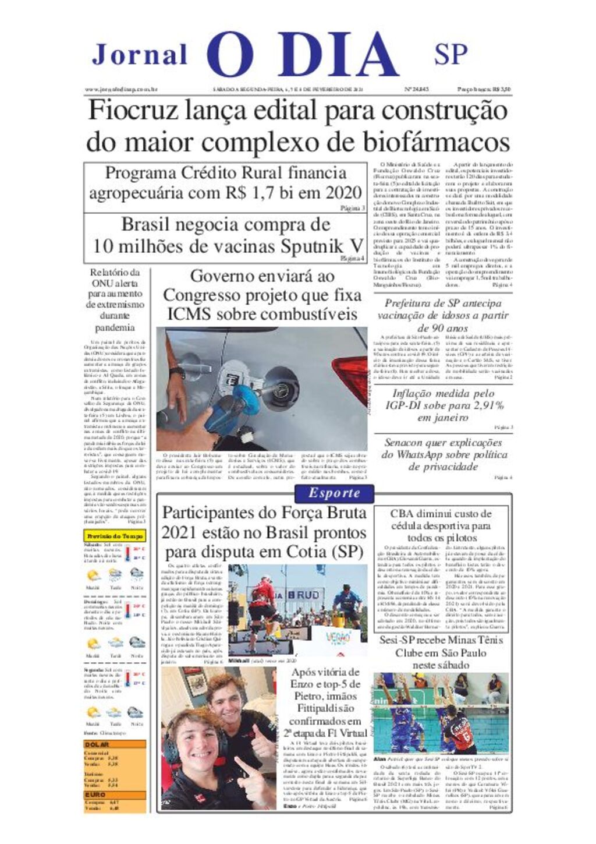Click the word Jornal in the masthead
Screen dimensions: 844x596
pos(140,55)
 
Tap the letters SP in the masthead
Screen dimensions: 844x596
pos(450,54)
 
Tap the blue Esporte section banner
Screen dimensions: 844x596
pos(334,493)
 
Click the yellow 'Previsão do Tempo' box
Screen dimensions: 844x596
pos(115,536)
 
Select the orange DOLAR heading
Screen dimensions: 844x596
pos(97,744)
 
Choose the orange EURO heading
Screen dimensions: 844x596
pos(95,794)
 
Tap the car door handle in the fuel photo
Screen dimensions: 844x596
pos(196,368)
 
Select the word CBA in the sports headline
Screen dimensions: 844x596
pos(402,514)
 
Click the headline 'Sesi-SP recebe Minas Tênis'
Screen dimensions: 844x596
pos(441,641)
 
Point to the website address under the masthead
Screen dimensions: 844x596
pos(122,90)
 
